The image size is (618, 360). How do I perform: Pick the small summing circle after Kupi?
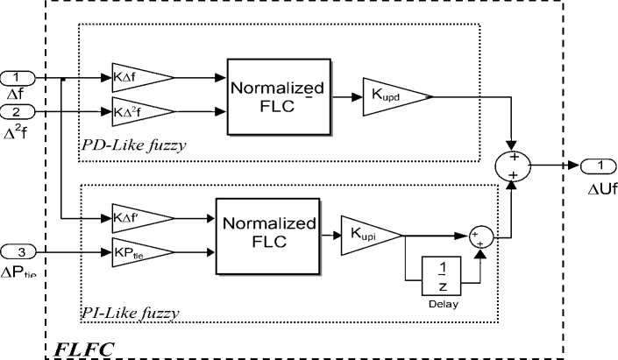pos(479,234)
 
